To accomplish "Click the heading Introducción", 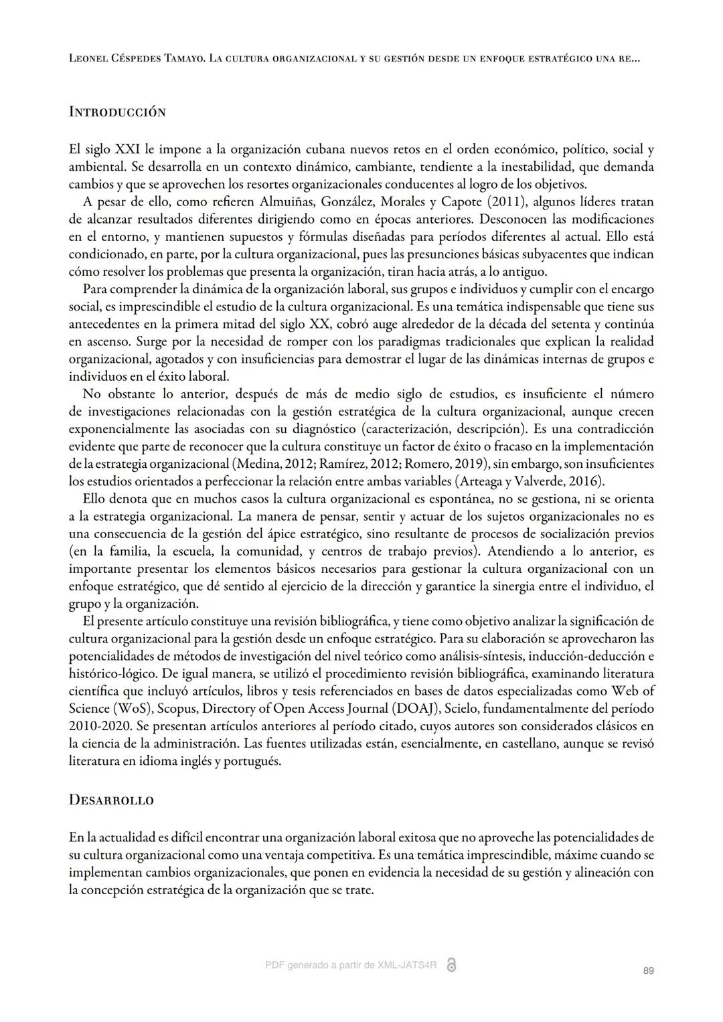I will (x=117, y=112).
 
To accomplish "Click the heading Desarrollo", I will (x=111, y=800).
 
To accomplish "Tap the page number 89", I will (x=647, y=970).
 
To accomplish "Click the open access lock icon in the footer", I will (x=451, y=965).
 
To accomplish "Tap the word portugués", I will (x=252, y=760).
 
